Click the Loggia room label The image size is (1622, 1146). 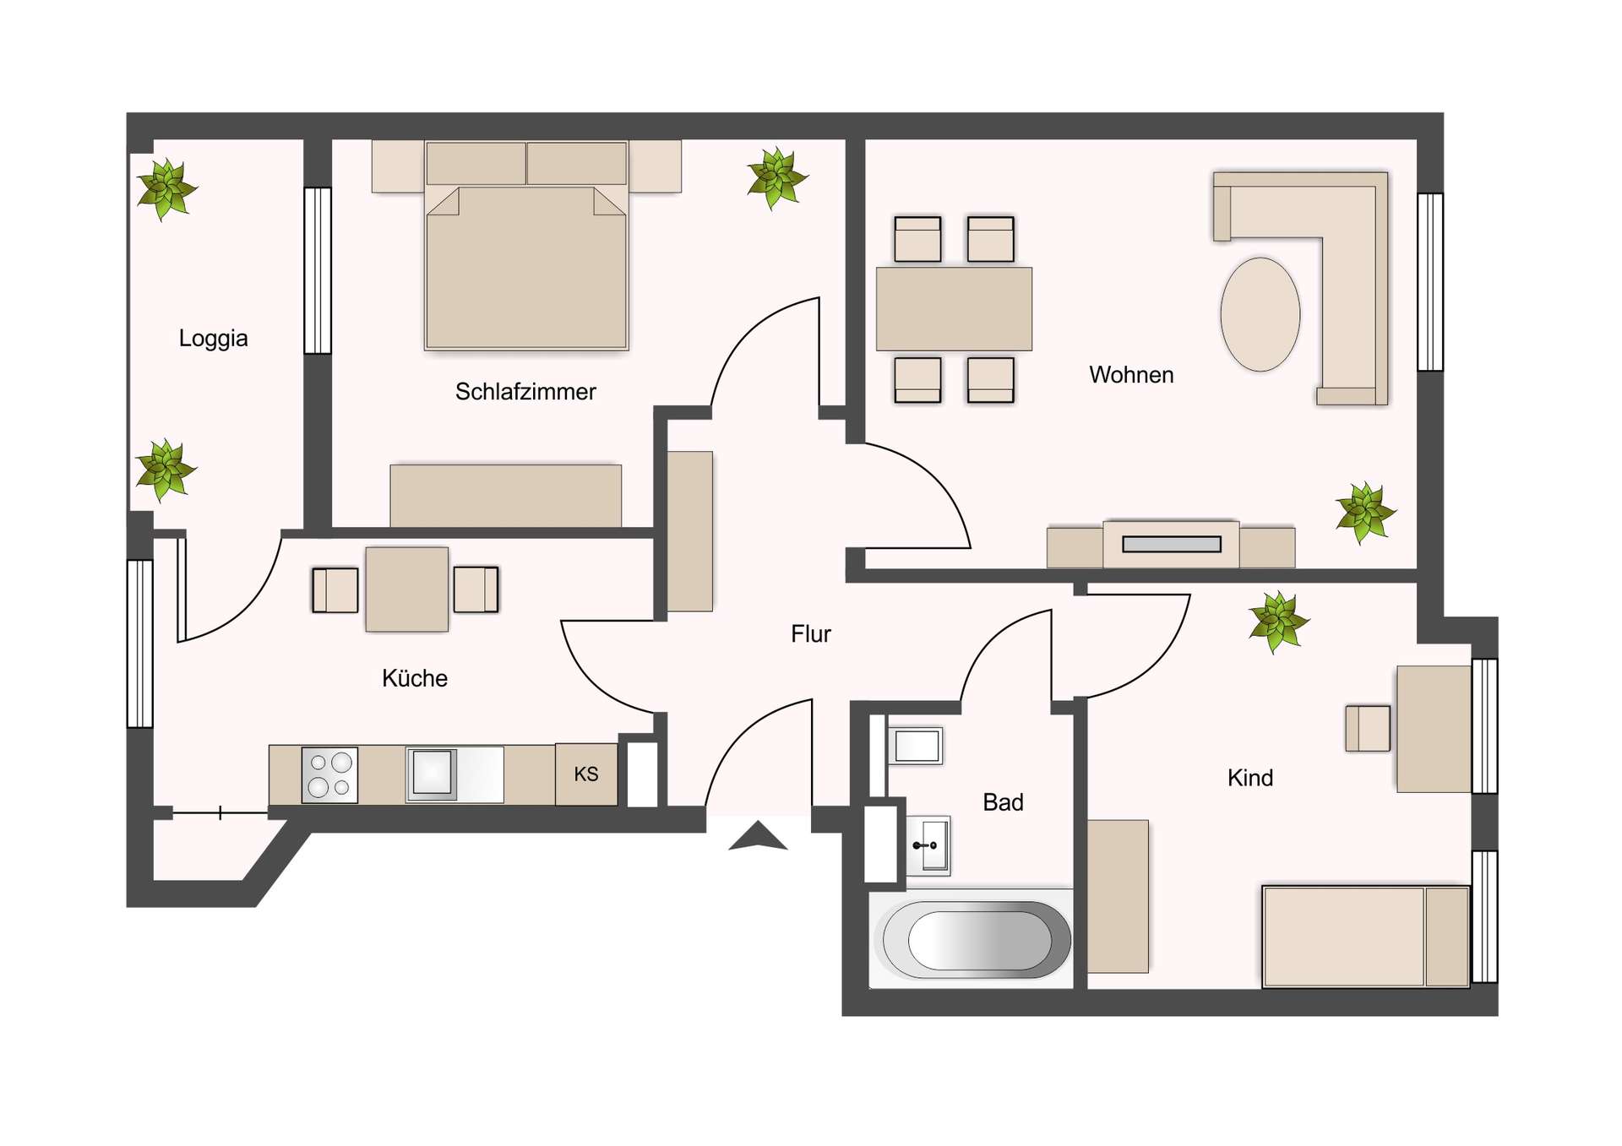(213, 339)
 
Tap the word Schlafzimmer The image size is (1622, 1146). (525, 392)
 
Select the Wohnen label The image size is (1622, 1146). (1130, 375)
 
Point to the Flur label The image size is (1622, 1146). (810, 634)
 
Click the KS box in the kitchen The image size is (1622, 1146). (585, 774)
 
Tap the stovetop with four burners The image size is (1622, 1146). (329, 774)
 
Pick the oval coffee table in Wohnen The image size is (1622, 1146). (1260, 314)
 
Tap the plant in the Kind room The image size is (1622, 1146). (1278, 622)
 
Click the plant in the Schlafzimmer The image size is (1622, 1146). (776, 178)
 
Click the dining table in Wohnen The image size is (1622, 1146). (954, 309)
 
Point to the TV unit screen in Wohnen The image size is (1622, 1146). (1171, 545)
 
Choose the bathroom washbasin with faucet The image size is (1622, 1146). (929, 845)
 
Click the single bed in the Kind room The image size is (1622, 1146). (1364, 936)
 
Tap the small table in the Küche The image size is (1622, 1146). (406, 589)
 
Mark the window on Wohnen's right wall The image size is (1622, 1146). (1429, 282)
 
